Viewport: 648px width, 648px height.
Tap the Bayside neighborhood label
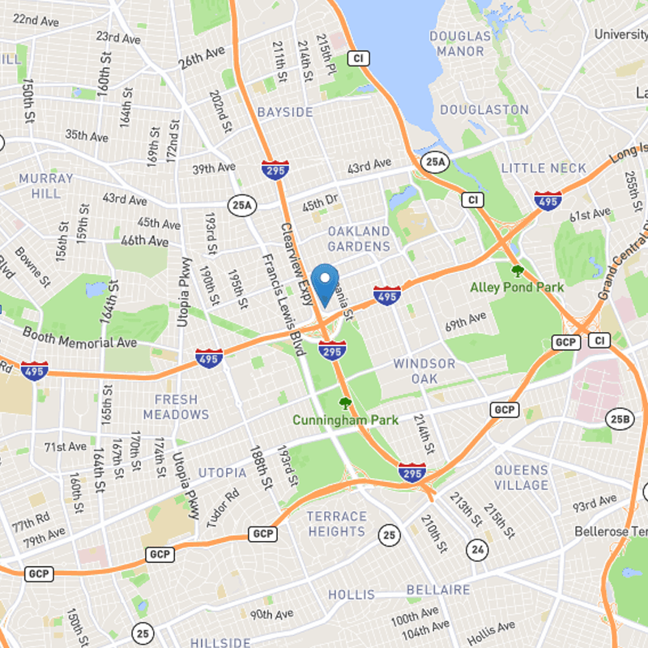coord(284,111)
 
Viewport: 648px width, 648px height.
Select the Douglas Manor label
coord(460,44)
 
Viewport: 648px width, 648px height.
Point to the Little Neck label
coord(544,168)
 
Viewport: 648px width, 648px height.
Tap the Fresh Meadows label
coord(176,407)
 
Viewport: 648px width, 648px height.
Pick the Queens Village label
coord(522,477)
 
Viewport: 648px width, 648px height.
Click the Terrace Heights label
coord(337,524)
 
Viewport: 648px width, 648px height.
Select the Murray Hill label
coord(45,185)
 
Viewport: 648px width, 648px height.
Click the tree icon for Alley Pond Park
coord(518,271)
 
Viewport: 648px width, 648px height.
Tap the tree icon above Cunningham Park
coord(346,403)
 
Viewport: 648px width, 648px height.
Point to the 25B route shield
coord(618,418)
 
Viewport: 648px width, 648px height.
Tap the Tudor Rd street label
coord(223,509)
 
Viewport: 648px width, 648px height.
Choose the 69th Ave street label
coord(466,322)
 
